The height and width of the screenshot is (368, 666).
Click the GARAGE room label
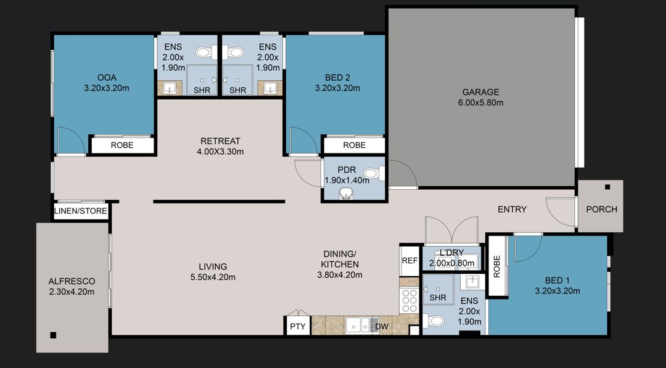coord(480,92)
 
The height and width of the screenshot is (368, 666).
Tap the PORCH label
coord(601,209)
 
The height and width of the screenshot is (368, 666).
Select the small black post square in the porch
coord(607,187)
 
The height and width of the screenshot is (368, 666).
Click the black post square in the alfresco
coord(53,335)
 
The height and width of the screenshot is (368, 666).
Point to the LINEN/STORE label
coord(81,211)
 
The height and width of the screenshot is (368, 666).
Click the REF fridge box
coord(409,261)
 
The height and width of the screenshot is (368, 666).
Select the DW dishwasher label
coord(382,327)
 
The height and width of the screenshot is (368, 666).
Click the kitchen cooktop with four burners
coord(409,301)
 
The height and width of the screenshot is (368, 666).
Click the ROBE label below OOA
coord(121,145)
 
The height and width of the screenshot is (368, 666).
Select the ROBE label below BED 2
coord(354,145)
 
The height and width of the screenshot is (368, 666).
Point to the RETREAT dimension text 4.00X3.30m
coord(220,152)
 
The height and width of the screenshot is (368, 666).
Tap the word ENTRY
coord(512,210)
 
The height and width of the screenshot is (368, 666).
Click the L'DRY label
coord(451,253)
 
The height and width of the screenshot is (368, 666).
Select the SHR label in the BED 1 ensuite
coord(438,297)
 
